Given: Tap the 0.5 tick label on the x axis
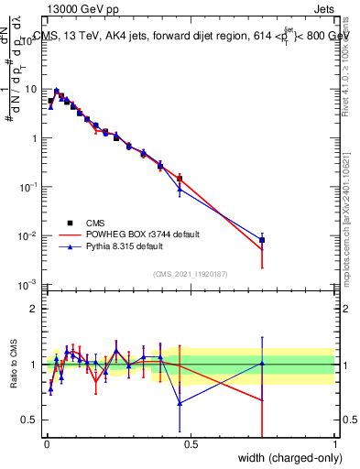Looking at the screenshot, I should (x=190, y=444).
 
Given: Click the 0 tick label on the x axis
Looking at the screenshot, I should (x=46, y=444).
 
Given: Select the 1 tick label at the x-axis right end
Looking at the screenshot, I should (x=333, y=444).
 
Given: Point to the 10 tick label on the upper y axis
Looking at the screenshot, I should (x=32, y=90).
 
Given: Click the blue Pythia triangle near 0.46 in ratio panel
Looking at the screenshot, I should (x=180, y=403).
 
